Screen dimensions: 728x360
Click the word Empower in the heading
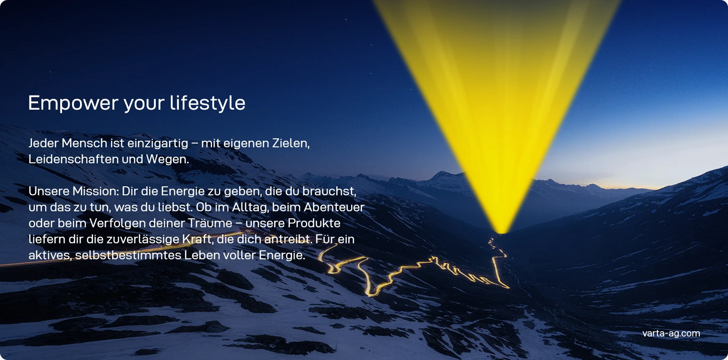73,103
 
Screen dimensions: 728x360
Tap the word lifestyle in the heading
208,103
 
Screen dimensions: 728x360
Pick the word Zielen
291,143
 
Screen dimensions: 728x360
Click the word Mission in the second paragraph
96,191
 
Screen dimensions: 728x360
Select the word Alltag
250,207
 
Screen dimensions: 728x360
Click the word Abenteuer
334,207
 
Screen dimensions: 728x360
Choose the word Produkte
314,223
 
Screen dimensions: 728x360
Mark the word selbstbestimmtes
128,255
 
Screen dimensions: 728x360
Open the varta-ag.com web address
671,333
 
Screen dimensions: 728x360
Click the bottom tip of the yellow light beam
502,233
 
